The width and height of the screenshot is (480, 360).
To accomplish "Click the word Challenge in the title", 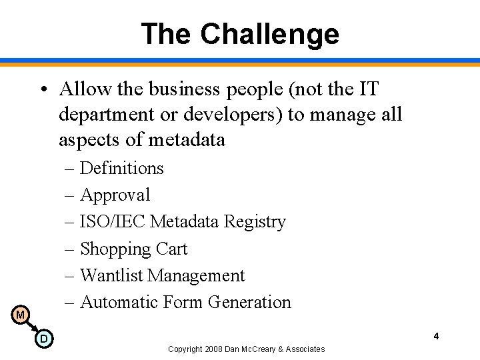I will click(x=269, y=34).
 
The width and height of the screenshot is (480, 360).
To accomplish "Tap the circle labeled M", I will click(x=20, y=315).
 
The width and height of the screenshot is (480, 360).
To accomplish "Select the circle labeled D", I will click(x=43, y=339).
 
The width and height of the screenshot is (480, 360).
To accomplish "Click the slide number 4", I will click(x=436, y=336).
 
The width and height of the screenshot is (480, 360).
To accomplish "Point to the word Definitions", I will click(x=122, y=168).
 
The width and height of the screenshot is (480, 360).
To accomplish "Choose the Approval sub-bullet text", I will click(x=115, y=195).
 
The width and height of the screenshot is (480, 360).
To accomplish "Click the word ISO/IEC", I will click(x=113, y=222).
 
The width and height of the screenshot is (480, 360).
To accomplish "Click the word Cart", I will click(x=172, y=249).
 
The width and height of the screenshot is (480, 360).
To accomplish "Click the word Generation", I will click(x=249, y=303).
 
